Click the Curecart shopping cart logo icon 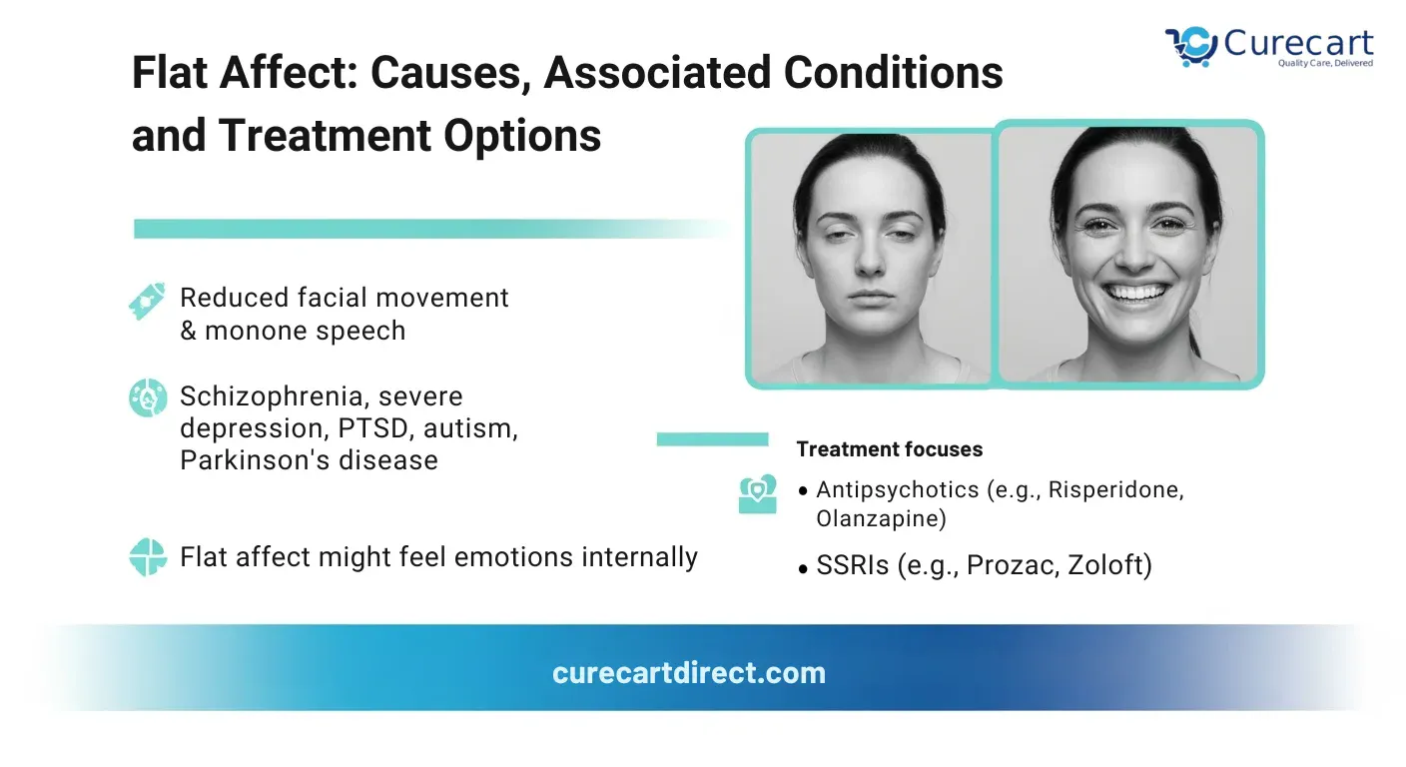[1191, 46]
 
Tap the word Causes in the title [445, 73]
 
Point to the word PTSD [372, 428]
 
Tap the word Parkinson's [255, 460]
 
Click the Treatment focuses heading [890, 449]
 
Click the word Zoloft [1109, 565]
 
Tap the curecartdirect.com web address [689, 673]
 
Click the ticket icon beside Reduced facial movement [147, 302]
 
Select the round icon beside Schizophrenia [148, 397]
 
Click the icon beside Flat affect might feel [148, 556]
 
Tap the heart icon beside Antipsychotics [758, 494]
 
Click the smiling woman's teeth [1135, 293]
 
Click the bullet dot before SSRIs [803, 569]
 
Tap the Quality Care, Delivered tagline [1326, 63]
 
